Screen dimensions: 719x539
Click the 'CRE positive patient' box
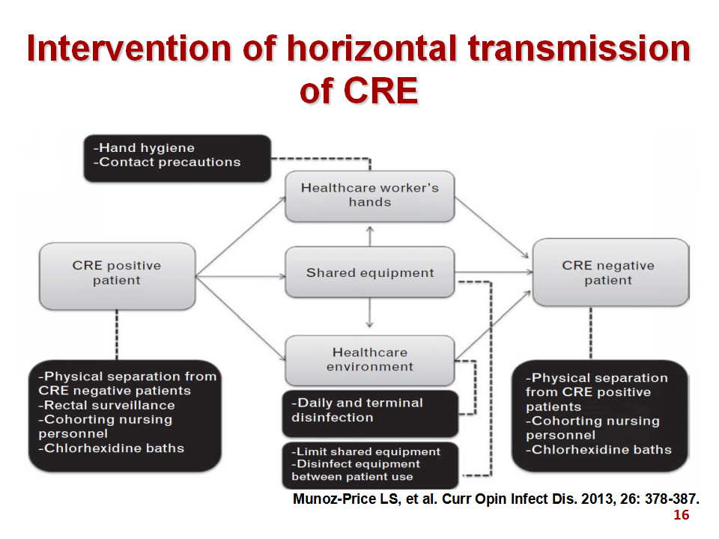tap(118, 276)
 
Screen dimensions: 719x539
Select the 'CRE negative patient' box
tap(611, 272)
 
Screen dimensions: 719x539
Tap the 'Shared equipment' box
tap(370, 272)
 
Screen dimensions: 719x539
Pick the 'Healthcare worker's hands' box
tap(370, 196)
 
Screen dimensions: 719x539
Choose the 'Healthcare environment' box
tap(370, 361)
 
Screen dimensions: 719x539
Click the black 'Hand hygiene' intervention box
tap(178, 158)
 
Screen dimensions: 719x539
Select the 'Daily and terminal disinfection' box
tap(370, 413)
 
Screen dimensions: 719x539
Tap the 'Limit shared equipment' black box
tap(370, 465)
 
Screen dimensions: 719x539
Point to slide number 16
tap(682, 515)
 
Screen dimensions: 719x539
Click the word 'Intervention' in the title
tap(129, 48)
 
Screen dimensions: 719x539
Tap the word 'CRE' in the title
tap(380, 91)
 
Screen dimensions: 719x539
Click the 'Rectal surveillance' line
tap(107, 405)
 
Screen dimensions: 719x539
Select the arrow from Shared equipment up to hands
tap(370, 236)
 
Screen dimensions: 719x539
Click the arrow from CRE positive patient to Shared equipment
tap(240, 276)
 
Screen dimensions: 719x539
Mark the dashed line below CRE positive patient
tap(117, 335)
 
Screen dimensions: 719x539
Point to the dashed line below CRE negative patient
tap(591, 333)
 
